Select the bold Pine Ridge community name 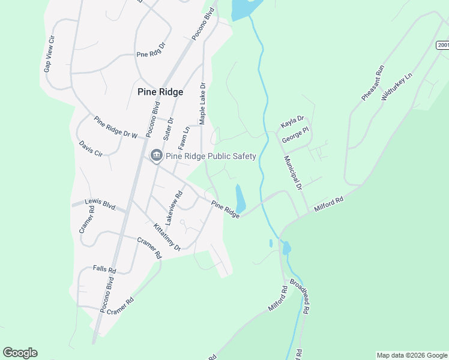click(160, 92)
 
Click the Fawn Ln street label click(185, 138)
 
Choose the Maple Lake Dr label click(202, 104)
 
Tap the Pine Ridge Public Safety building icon click(156, 157)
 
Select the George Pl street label click(295, 137)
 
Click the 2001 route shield click(442, 45)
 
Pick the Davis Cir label click(91, 149)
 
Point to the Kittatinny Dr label click(167, 237)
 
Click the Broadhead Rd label click(300, 296)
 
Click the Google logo click(20, 353)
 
